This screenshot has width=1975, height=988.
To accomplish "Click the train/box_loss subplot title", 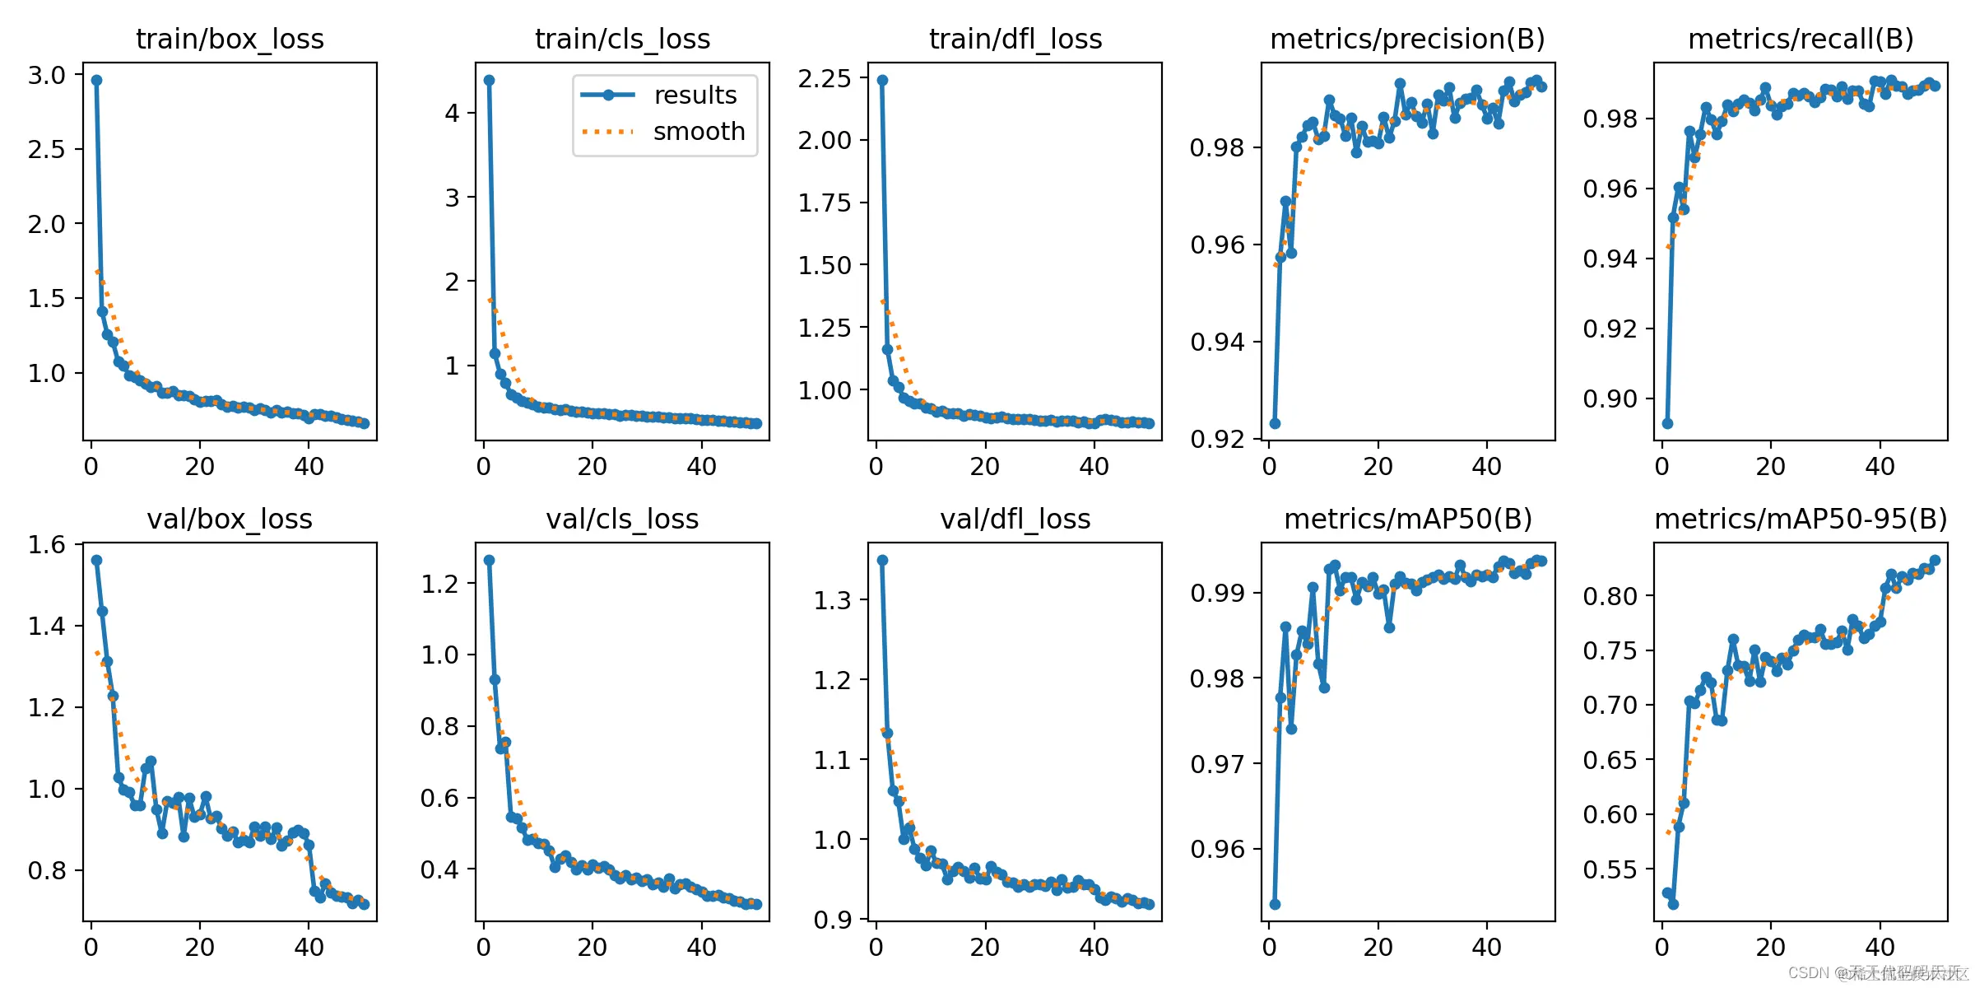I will (x=230, y=39).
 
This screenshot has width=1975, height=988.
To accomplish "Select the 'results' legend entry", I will (x=695, y=96).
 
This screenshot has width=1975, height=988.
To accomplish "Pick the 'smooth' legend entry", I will (x=699, y=132).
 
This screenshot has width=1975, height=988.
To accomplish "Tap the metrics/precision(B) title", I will (x=1407, y=39).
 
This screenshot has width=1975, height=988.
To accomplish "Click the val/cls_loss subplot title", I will (x=622, y=519).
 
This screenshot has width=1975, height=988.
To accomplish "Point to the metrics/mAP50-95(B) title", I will (x=1801, y=519).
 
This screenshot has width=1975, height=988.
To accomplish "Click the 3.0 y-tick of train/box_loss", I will (x=47, y=75).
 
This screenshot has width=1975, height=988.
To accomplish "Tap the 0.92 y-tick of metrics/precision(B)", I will (x=1217, y=439).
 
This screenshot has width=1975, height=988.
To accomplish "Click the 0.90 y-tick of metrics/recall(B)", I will (x=1610, y=399).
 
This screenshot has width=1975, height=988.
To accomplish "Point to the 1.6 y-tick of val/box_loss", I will (x=47, y=544).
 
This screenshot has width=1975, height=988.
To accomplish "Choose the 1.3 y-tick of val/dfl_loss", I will (x=832, y=600).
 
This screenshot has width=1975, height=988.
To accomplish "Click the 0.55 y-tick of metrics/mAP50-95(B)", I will (x=1610, y=869).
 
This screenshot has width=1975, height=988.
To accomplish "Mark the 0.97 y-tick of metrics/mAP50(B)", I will (x=1217, y=764).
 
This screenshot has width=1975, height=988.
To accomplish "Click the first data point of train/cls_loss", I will (x=489, y=80).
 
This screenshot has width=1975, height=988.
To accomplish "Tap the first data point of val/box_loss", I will (x=96, y=560).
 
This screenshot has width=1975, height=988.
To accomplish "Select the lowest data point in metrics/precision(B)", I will (x=1275, y=423).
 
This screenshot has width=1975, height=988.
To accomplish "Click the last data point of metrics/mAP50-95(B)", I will (x=1935, y=560).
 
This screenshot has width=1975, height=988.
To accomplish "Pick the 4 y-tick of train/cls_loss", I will (x=452, y=113).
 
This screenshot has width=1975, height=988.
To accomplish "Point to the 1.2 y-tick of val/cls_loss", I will (x=439, y=584).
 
